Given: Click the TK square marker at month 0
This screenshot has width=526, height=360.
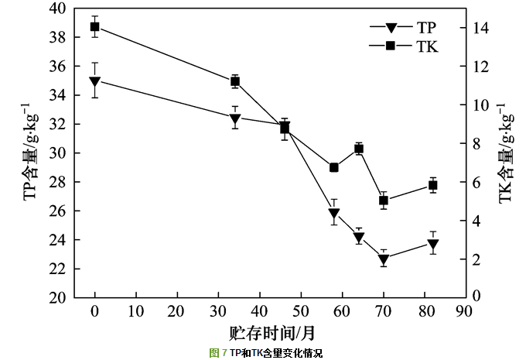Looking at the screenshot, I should [x=95, y=27].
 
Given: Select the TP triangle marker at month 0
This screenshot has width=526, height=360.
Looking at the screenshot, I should [x=95, y=81].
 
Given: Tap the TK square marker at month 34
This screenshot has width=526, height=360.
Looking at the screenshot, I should [x=235, y=81].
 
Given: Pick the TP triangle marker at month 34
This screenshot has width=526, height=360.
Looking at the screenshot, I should [x=235, y=118].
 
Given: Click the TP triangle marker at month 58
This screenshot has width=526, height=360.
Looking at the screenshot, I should [x=334, y=214].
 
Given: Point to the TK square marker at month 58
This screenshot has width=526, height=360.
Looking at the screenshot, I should [x=334, y=167].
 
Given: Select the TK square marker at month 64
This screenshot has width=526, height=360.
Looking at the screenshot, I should [x=359, y=149].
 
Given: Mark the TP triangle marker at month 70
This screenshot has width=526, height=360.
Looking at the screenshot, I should [x=384, y=260].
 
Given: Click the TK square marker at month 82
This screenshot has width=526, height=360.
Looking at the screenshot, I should [x=433, y=185].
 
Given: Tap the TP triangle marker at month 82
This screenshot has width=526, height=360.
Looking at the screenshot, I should [x=433, y=245].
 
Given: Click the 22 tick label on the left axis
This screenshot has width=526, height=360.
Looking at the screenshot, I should [x=59, y=269].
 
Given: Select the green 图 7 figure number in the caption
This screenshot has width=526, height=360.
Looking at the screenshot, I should [x=218, y=353].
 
